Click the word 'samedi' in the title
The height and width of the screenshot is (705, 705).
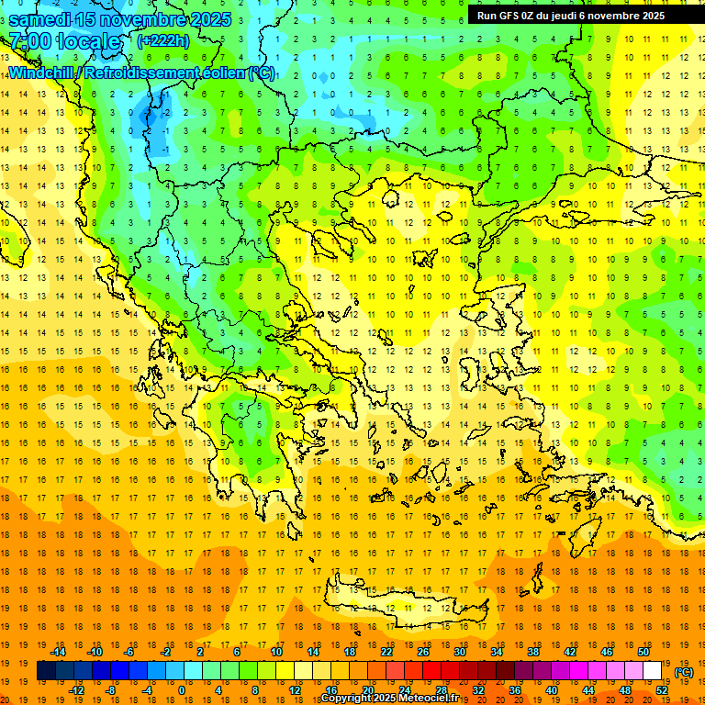coord(40,19)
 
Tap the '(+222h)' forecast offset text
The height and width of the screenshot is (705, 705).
coord(163,40)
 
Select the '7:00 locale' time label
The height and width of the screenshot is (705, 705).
coord(64,41)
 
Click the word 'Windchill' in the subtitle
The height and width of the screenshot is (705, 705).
coord(42,73)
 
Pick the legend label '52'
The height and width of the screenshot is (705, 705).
coord(662,690)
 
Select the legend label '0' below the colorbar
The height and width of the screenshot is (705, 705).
coord(182,690)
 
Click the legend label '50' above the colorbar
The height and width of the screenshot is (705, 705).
coord(643,652)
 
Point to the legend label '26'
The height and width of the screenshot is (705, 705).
coord(423,652)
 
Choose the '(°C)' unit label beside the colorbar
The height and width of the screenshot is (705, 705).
coord(684,672)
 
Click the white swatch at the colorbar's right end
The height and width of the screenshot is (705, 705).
coord(653,671)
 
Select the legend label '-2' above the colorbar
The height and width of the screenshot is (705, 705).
coord(165,652)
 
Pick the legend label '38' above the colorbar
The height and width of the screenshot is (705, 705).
coord(533,652)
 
